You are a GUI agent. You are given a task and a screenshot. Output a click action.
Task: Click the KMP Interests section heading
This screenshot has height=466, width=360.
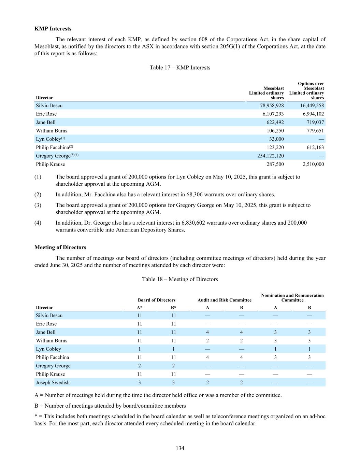click(x=53, y=29)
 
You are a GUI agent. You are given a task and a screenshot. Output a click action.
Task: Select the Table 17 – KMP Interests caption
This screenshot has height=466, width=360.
click(x=180, y=68)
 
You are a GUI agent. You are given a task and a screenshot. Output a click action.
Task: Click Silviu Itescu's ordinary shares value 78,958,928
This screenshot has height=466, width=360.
click(x=272, y=105)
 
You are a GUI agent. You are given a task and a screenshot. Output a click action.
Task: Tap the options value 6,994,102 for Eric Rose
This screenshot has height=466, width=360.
click(x=313, y=114)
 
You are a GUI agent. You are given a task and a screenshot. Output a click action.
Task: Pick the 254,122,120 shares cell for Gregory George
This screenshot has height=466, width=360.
click(x=270, y=156)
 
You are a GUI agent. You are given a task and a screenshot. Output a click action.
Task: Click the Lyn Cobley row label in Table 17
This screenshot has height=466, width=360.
click(x=48, y=139)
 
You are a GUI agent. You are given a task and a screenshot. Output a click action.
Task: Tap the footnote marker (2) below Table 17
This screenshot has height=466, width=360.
click(x=38, y=195)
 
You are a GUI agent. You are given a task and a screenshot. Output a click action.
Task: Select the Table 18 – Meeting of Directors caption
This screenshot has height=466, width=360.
click(x=180, y=279)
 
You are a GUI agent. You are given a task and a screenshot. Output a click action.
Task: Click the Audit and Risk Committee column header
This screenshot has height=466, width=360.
click(x=225, y=300)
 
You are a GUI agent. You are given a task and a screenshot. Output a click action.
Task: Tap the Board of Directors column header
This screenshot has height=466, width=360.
click(x=157, y=300)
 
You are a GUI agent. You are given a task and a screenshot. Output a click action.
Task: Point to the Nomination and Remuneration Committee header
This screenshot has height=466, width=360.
click(x=292, y=298)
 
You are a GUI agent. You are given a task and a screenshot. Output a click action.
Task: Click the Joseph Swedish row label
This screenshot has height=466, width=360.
click(x=53, y=383)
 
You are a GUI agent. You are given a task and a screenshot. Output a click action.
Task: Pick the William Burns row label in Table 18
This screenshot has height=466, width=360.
click(x=52, y=341)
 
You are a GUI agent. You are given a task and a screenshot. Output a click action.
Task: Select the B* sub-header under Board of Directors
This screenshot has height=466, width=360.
click(x=173, y=308)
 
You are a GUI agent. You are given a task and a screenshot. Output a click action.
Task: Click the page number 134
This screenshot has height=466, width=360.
click(x=180, y=448)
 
